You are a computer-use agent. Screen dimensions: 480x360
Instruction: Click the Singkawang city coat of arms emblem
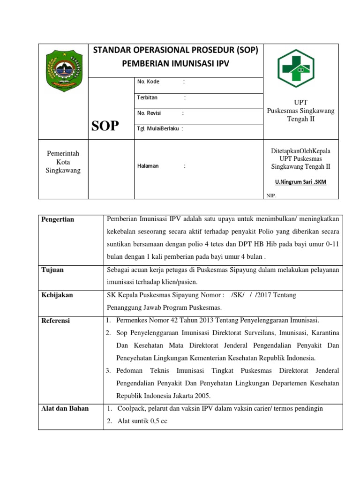[x=63, y=72]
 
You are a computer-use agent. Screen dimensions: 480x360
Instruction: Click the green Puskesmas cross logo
[x=296, y=68]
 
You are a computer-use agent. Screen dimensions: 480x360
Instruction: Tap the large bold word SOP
[x=105, y=126]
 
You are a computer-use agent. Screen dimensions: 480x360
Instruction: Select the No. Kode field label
[x=148, y=82]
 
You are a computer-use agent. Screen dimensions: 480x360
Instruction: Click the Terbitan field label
[x=147, y=97]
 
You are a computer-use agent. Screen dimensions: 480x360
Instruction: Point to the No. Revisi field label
[x=149, y=113]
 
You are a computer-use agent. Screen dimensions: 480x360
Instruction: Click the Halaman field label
[x=148, y=165]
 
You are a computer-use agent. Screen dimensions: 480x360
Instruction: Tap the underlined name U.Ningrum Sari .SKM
[x=300, y=182]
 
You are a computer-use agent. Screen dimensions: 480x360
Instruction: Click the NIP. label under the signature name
[x=271, y=196]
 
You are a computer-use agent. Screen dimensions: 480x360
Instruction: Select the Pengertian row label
[x=58, y=219]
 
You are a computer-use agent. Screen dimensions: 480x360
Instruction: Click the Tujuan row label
[x=52, y=270]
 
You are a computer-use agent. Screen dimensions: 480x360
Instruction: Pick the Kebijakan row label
[x=57, y=295]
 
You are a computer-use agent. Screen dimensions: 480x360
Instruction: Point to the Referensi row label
[x=56, y=320]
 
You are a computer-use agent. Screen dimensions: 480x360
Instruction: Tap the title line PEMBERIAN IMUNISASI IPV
[x=176, y=64]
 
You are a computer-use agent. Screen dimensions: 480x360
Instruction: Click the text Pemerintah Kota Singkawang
[x=63, y=162]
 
